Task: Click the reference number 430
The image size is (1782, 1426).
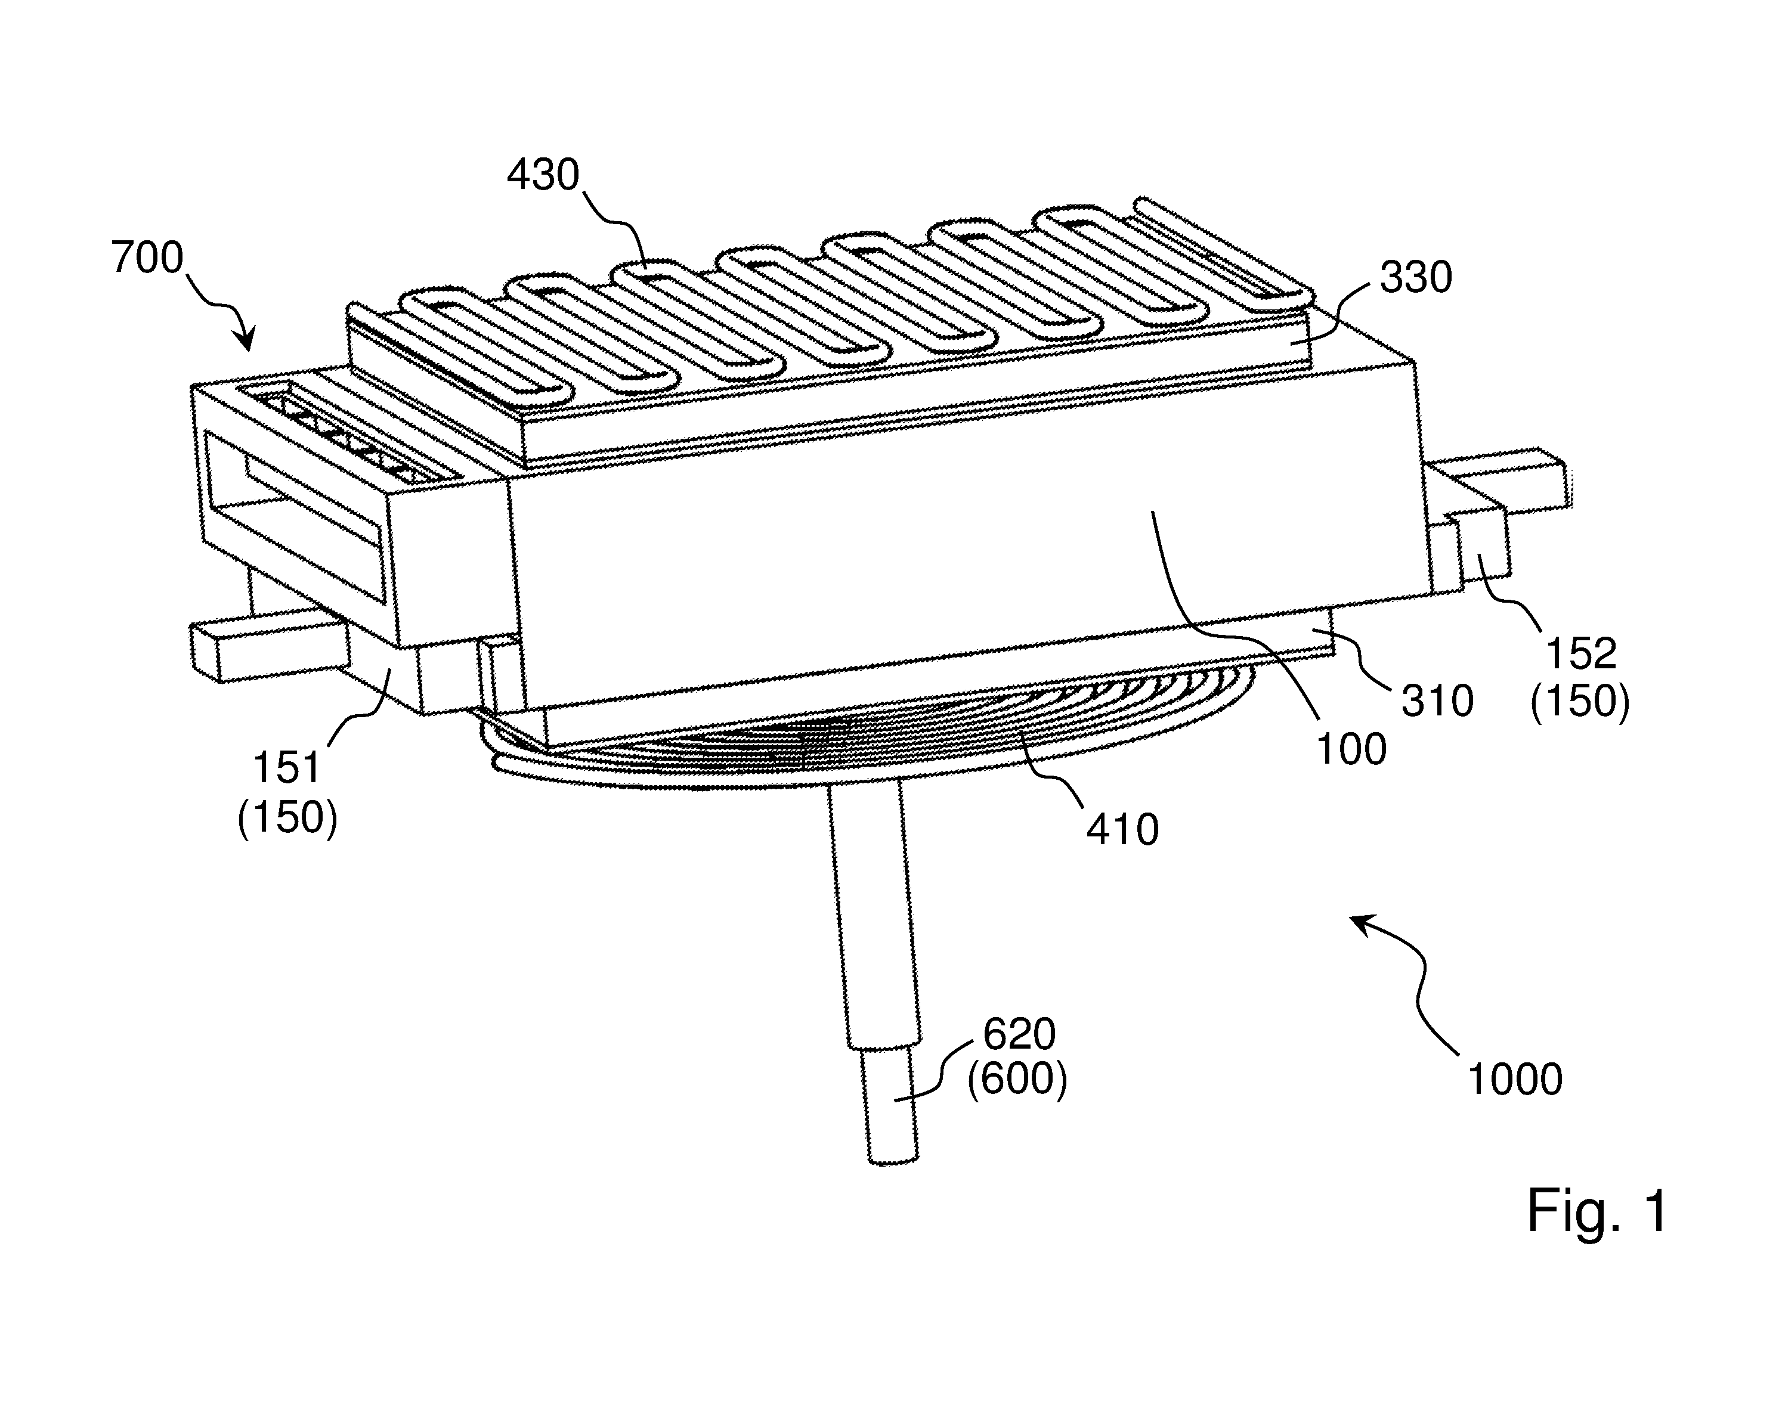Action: (543, 175)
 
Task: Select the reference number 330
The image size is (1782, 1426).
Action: (1416, 278)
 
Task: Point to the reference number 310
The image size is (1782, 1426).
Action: (1437, 702)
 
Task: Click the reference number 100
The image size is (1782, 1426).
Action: (1351, 749)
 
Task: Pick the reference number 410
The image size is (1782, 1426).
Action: (1122, 829)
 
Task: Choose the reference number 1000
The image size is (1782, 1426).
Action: (1514, 1079)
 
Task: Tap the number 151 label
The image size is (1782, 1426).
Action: (286, 768)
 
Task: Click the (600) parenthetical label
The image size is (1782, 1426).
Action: (1017, 1080)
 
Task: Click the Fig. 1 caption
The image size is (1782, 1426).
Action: (1597, 1211)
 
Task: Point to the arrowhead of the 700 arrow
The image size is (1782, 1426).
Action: (246, 343)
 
